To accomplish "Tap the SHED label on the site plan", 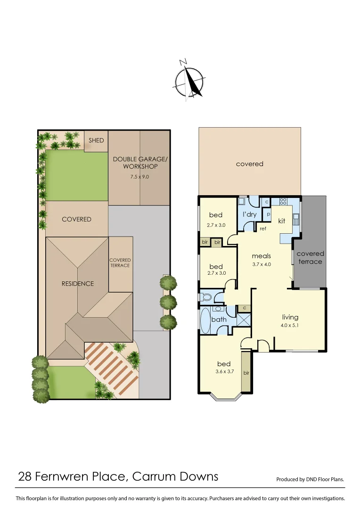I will click(96, 140).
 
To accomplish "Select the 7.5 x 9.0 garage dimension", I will click(140, 177).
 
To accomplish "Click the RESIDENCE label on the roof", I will click(78, 284).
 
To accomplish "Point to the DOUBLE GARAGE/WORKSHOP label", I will click(140, 163).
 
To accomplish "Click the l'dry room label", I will click(249, 214).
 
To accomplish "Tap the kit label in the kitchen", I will click(281, 221).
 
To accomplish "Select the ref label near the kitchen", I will click(263, 229).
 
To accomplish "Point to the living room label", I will click(290, 317).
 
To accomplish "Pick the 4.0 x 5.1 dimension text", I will click(290, 325).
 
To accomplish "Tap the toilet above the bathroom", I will click(206, 297).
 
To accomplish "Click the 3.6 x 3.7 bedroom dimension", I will click(224, 372).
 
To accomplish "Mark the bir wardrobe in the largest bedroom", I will click(246, 372).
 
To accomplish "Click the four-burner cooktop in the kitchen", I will click(284, 201).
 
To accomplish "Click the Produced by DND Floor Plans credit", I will click(310, 479).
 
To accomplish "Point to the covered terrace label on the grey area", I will click(310, 257).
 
